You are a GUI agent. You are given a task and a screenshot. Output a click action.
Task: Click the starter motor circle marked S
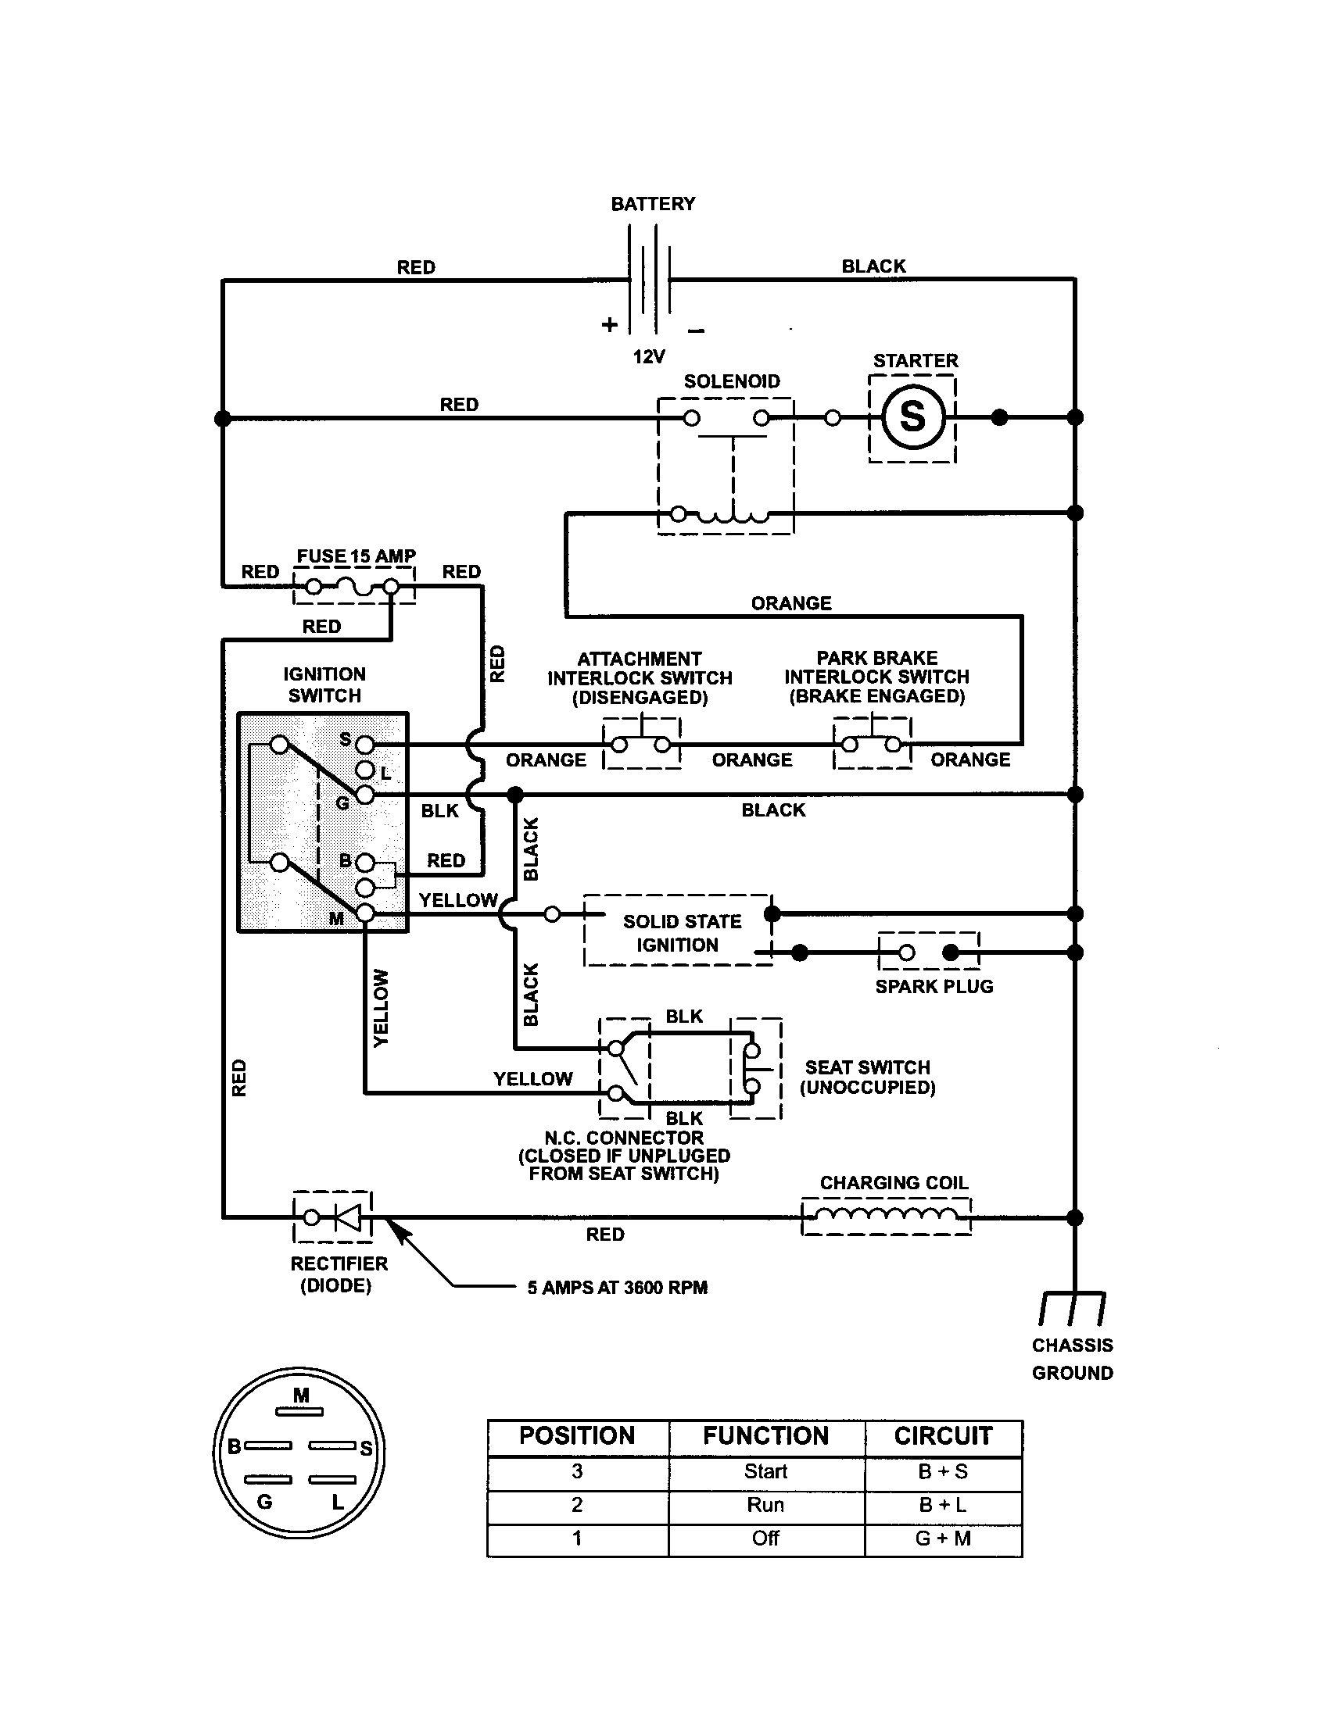click(912, 417)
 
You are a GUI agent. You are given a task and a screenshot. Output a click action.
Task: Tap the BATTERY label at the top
click(653, 204)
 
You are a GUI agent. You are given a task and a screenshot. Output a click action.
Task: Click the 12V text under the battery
click(649, 357)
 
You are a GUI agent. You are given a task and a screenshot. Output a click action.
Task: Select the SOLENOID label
click(732, 382)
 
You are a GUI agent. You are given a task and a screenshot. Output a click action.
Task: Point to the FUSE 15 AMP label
click(356, 556)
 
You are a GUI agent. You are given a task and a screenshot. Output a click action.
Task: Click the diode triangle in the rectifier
click(347, 1217)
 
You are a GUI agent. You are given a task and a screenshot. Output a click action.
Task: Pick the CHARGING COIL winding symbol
click(886, 1217)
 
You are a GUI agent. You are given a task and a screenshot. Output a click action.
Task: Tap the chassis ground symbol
click(1073, 1307)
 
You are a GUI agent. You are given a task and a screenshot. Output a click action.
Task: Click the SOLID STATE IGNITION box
click(678, 933)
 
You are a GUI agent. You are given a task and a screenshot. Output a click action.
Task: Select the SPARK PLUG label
click(934, 987)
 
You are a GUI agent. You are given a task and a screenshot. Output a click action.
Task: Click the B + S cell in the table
click(943, 1472)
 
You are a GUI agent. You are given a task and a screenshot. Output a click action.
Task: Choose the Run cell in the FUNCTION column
click(765, 1505)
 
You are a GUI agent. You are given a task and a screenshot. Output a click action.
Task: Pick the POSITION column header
click(577, 1435)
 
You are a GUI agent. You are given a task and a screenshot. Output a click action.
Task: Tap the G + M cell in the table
click(943, 1538)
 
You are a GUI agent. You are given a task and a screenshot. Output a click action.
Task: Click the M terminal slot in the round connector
click(299, 1412)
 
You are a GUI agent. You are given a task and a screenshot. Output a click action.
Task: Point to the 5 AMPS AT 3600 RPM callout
click(618, 1288)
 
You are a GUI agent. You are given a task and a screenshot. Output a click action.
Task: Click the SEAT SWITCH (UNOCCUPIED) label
click(867, 1078)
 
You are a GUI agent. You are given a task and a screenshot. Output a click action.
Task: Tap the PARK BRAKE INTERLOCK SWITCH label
click(876, 677)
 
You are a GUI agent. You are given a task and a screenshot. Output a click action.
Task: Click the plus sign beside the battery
click(610, 324)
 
